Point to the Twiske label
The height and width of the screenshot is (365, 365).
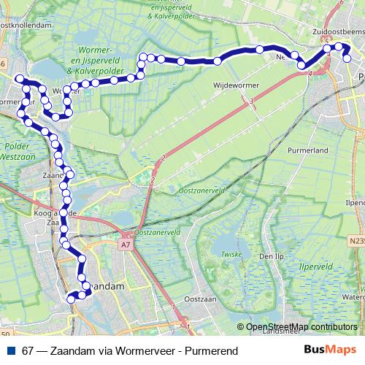click(231, 254)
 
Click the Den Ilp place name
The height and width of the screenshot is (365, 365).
click(270, 257)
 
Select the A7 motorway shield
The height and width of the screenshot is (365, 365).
click(126, 245)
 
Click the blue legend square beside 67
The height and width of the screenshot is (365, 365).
click(11, 351)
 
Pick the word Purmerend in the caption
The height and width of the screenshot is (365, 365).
click(214, 351)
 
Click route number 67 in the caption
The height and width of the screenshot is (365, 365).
click(28, 351)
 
